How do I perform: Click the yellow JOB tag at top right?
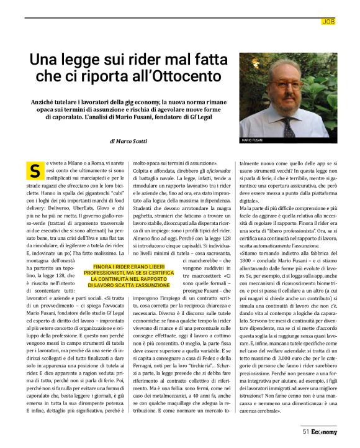pos(328,22)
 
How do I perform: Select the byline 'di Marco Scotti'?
pos(129,141)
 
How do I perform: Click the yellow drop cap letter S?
pos(35,169)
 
